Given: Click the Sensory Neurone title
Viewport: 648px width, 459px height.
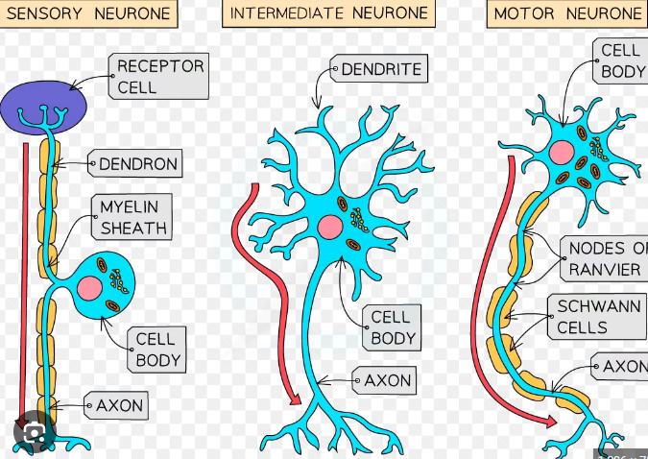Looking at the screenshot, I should point(89,13).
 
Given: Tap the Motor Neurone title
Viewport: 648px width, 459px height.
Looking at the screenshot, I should point(566,13).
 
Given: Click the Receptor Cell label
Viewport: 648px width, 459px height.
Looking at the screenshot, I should point(160,77).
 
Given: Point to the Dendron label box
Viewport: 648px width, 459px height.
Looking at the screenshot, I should point(138,164).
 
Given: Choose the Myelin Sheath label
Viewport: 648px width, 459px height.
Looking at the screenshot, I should point(133,217).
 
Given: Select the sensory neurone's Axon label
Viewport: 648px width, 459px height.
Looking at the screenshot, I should point(119,406).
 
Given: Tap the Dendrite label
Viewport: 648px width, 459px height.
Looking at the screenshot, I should point(381,69).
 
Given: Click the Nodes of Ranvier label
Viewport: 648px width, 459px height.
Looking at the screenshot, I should point(606,259).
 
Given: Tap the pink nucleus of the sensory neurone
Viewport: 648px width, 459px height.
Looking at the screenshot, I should point(91,287).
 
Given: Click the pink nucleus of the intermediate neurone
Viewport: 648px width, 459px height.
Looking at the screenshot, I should point(330,228).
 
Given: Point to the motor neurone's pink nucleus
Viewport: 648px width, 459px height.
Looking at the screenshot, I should point(562,151).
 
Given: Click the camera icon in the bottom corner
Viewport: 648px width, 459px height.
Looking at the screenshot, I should point(34,435).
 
